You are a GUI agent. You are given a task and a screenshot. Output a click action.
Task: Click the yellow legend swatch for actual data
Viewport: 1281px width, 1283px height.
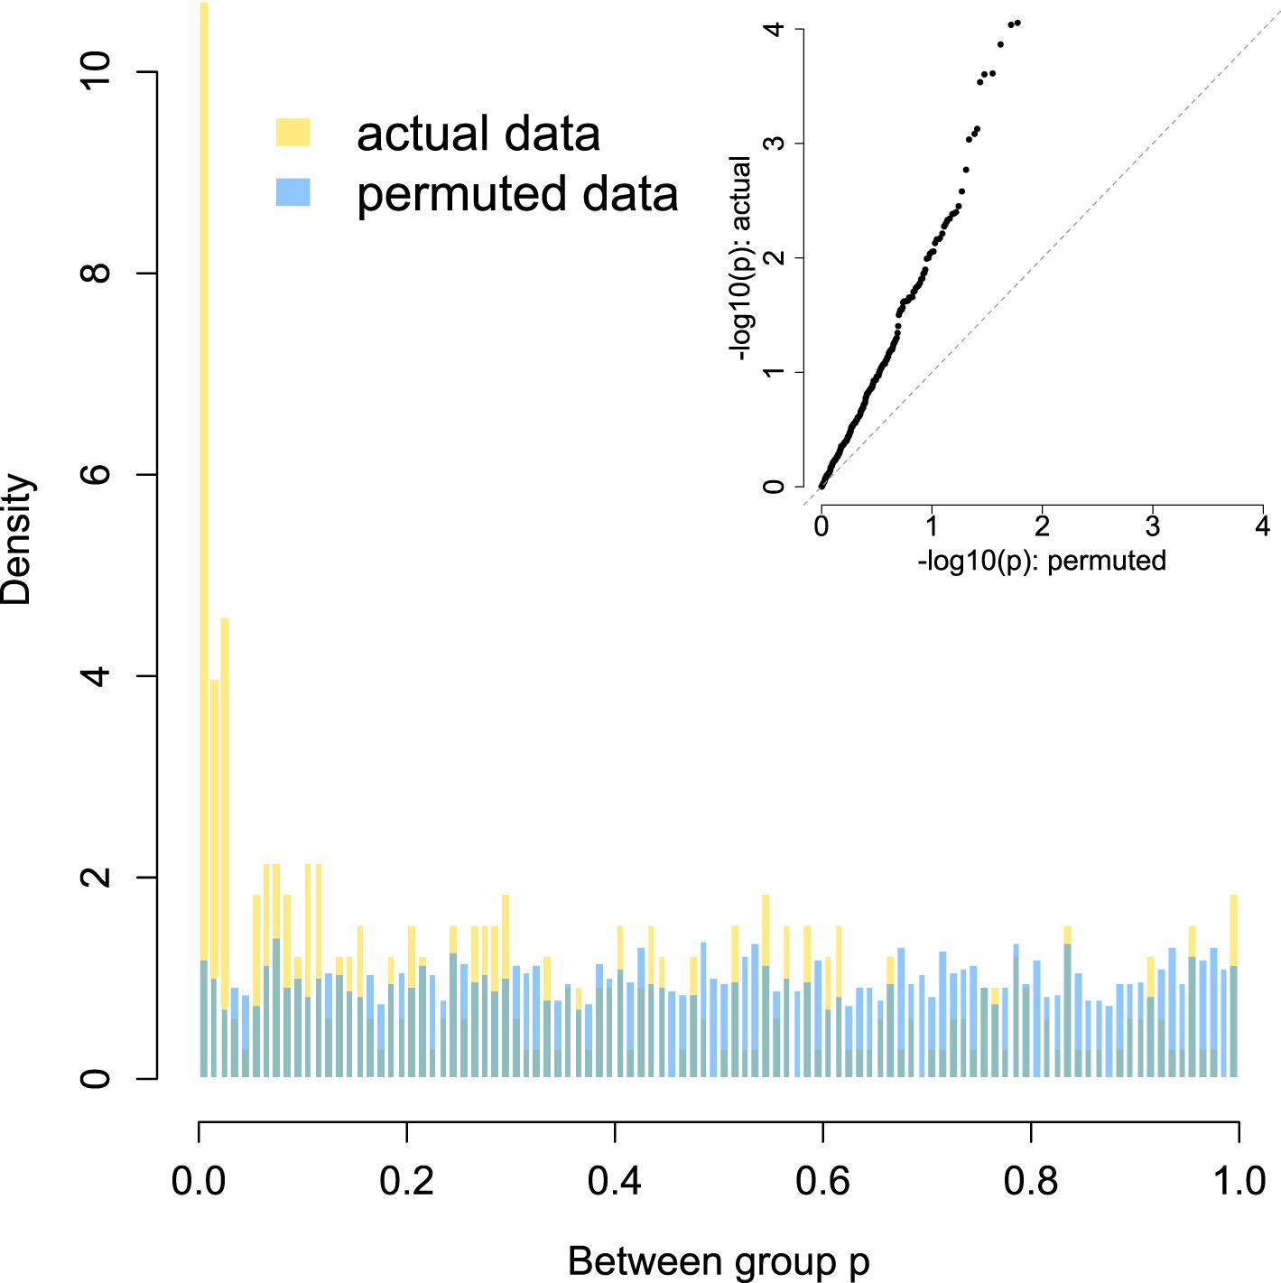(x=292, y=133)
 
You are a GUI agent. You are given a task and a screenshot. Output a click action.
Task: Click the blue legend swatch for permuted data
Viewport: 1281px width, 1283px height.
(x=292, y=192)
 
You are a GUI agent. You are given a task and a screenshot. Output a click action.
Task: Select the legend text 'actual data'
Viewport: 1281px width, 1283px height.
(x=478, y=135)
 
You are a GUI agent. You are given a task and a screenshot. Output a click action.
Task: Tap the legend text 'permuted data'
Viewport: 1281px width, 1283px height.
(x=516, y=194)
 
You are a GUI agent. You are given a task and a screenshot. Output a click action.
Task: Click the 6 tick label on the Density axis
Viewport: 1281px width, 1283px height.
(x=96, y=474)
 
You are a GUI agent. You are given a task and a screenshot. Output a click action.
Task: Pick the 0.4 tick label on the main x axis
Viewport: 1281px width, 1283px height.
(x=615, y=1180)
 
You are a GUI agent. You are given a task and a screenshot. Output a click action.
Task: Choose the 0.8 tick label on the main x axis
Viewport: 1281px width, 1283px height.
(x=1031, y=1180)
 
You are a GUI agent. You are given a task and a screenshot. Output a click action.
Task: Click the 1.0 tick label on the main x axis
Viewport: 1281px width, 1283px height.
(x=1239, y=1180)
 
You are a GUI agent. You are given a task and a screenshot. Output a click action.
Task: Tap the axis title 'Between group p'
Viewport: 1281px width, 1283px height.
(x=718, y=1261)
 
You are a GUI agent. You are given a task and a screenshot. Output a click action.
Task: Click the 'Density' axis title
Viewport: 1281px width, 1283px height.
(x=18, y=539)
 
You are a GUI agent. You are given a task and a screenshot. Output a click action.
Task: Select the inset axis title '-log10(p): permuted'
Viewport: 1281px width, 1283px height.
(x=1042, y=561)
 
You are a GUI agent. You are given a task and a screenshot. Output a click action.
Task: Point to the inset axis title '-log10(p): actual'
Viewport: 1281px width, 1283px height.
(x=742, y=258)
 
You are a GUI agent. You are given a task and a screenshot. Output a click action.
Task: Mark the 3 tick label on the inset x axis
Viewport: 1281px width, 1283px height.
(x=1152, y=526)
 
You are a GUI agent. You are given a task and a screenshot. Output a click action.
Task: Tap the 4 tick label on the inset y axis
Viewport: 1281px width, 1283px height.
(x=774, y=30)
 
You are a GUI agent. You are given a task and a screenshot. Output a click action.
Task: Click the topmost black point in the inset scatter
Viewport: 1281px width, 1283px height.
(x=1017, y=23)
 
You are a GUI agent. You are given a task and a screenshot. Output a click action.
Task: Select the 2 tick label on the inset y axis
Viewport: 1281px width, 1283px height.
(x=774, y=258)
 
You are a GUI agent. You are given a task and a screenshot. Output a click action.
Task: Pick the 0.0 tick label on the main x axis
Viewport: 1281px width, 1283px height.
(x=199, y=1180)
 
